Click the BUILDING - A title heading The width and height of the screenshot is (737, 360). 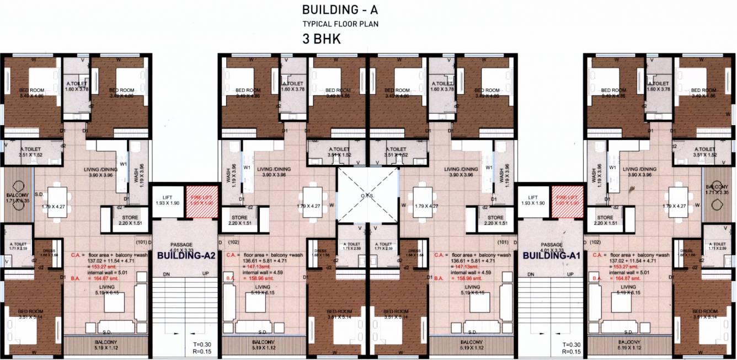(341, 9)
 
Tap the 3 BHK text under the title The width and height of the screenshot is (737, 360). (321, 40)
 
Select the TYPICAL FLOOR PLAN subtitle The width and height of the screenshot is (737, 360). (340, 24)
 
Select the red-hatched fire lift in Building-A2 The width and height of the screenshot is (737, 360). (199, 200)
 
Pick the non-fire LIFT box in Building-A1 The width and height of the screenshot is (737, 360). (533, 200)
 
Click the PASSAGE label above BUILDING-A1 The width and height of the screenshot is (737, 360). (551, 245)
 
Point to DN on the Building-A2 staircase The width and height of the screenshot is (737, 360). (165, 274)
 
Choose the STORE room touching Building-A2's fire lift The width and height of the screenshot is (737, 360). (239, 220)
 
